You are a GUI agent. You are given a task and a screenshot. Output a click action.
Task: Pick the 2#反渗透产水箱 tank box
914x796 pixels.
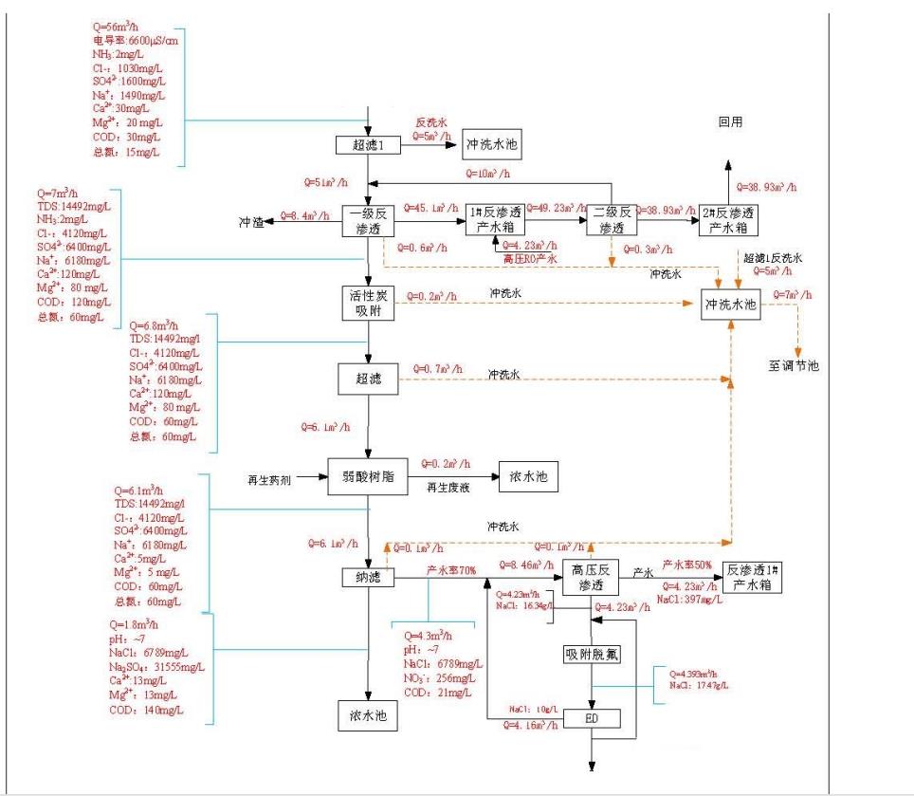[x=731, y=219]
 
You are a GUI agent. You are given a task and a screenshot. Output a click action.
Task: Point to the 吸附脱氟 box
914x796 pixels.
[x=591, y=655]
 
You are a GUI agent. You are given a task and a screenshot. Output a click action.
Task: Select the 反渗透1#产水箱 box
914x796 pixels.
[x=751, y=578]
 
